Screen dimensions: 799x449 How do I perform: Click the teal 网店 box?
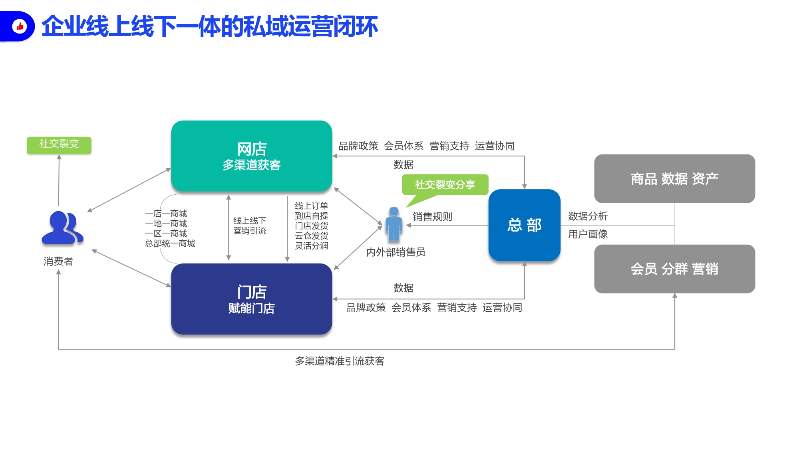252,156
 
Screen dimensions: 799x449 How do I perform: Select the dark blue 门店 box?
252,299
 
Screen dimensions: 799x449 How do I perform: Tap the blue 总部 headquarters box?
525,225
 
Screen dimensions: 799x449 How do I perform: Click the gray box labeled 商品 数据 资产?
675,178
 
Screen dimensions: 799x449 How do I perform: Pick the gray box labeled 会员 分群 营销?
675,269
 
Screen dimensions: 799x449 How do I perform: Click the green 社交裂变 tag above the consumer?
59,145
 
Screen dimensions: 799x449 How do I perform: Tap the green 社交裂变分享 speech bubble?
445,188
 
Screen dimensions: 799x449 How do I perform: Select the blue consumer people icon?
62,227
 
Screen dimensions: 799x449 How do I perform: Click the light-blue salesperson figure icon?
394,224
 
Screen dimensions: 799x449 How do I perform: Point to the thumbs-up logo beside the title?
19,26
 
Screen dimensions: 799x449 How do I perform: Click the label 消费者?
58,261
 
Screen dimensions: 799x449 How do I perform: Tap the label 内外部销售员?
396,252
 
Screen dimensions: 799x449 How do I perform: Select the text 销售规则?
433,217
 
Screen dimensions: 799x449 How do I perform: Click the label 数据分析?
588,216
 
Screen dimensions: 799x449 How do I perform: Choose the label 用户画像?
588,234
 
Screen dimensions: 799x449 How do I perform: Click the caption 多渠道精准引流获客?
340,361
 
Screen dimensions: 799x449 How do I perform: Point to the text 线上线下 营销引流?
250,225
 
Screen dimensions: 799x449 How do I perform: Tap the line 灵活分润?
312,246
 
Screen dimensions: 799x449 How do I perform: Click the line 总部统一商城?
170,243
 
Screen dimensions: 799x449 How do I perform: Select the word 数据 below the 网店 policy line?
403,164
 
